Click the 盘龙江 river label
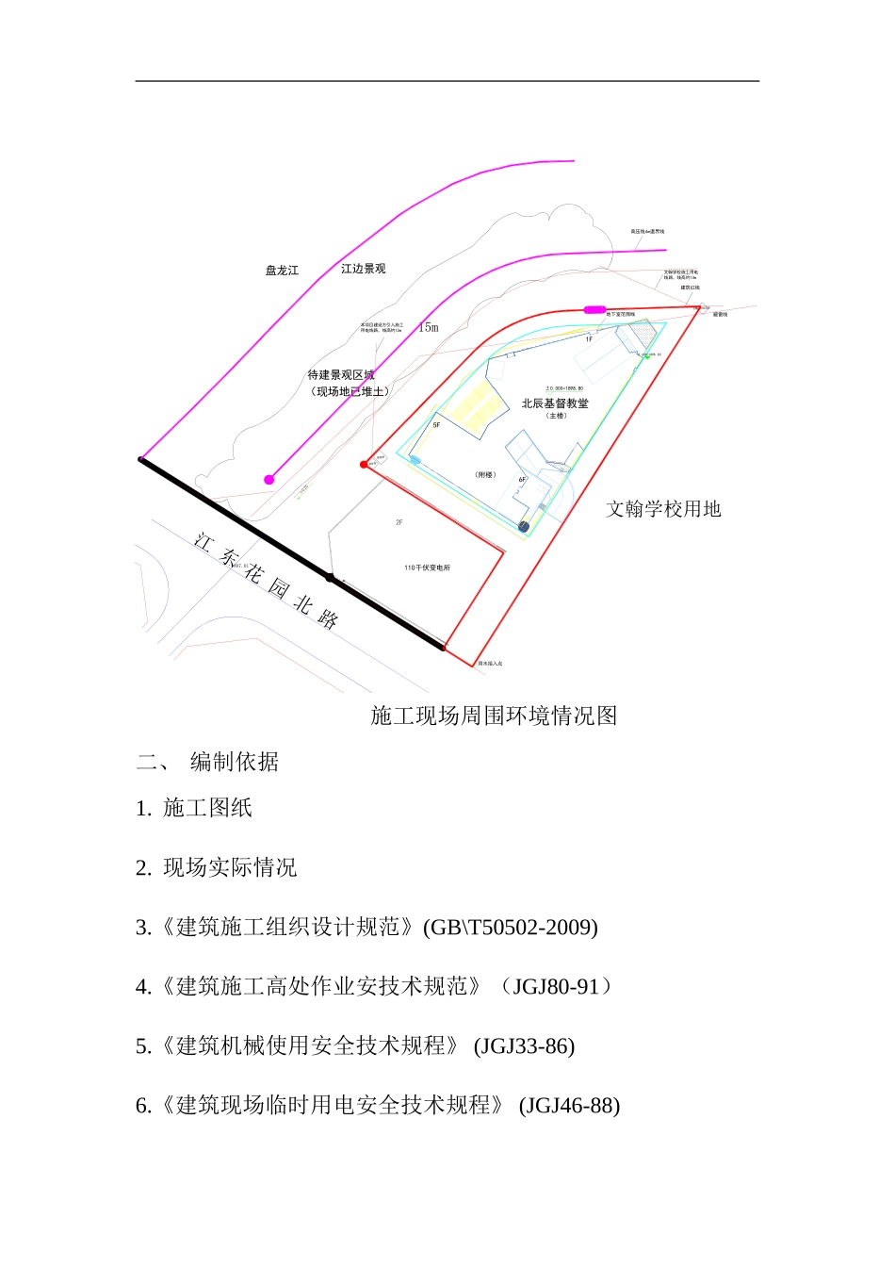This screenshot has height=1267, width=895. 282,271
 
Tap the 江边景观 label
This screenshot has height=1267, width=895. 363,269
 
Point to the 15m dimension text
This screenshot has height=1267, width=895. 429,327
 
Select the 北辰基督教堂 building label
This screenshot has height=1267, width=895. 555,403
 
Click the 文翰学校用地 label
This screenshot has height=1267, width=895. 663,509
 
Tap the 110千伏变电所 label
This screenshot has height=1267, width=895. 427,568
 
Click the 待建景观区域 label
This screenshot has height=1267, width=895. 341,375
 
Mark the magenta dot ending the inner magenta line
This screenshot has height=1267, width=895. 269,480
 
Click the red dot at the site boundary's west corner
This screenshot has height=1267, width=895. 364,464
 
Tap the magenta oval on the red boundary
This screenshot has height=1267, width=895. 594,309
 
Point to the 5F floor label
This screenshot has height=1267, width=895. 436,425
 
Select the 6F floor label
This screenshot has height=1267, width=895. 522,480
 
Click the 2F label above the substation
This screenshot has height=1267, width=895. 399,522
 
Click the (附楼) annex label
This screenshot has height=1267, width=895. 485,475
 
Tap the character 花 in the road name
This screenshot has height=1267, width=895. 252,572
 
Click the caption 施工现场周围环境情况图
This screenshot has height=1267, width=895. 494,716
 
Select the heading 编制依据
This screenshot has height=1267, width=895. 235,762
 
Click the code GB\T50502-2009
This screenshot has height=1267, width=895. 511,928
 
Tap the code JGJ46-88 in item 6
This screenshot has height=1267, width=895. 569,1106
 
